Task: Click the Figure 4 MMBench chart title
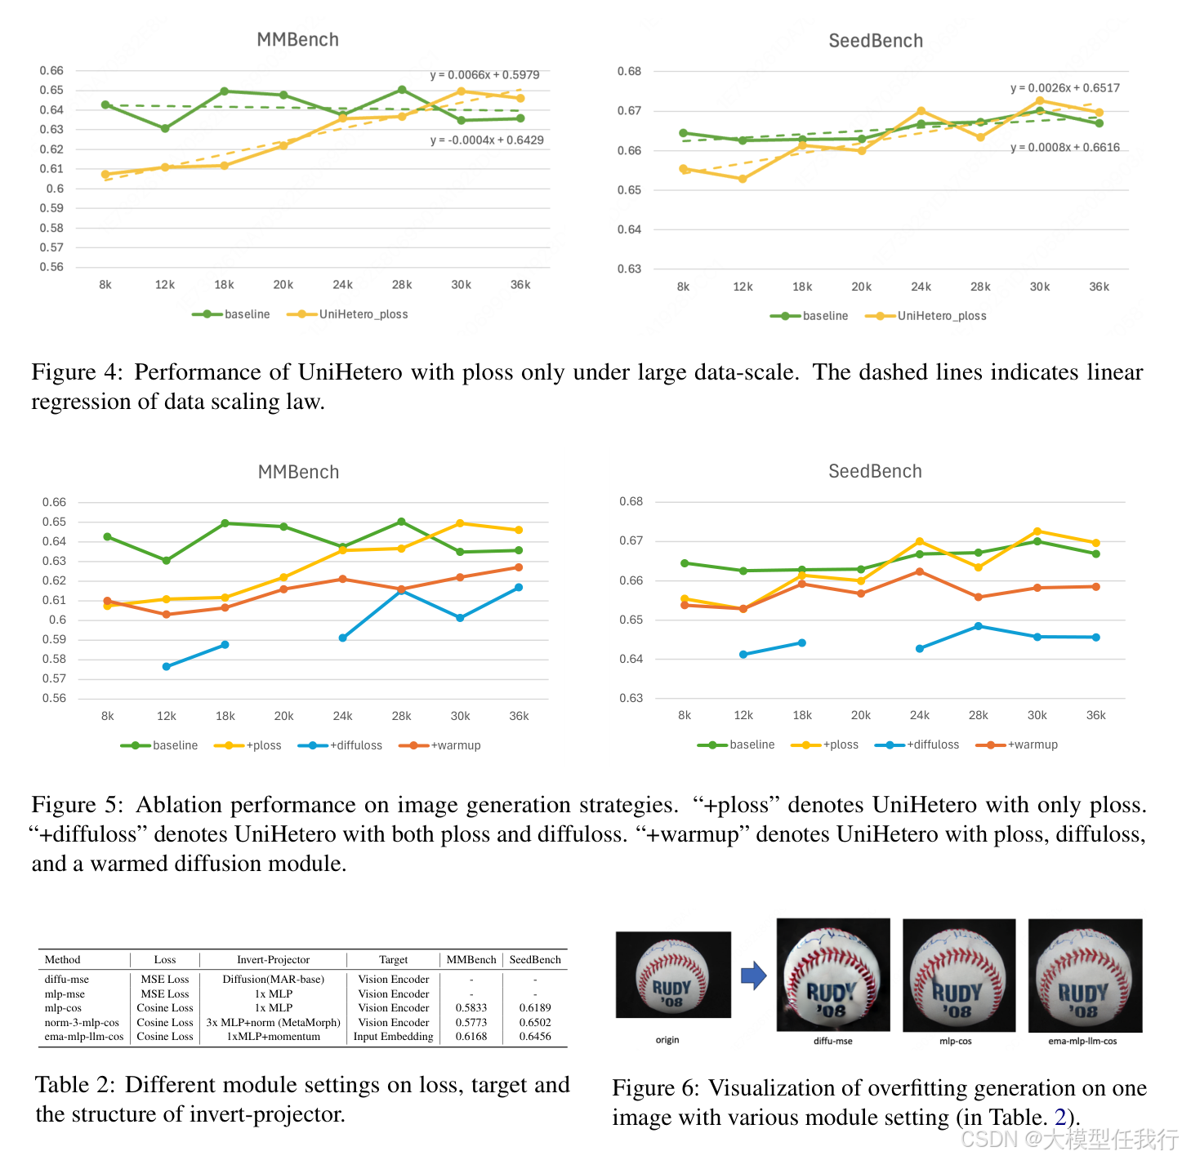(x=297, y=40)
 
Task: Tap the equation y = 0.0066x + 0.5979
(x=484, y=75)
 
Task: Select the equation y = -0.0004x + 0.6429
(x=487, y=140)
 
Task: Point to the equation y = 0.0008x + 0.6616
(x=1064, y=148)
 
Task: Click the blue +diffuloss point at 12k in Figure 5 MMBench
(x=167, y=667)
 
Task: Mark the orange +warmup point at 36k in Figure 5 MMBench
(x=519, y=567)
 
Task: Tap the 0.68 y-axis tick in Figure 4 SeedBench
(x=629, y=72)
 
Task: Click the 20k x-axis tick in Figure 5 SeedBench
(x=861, y=715)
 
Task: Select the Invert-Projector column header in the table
(x=273, y=960)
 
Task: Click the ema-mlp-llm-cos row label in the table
(x=84, y=1037)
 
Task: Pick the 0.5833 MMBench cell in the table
(x=471, y=1008)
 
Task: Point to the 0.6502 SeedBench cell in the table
(x=535, y=1022)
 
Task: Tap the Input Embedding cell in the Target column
(x=393, y=1037)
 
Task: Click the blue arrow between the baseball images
(x=753, y=975)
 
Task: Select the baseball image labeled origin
(x=672, y=975)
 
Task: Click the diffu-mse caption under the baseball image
(x=832, y=1041)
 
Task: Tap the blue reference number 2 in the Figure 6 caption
(x=1060, y=1117)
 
